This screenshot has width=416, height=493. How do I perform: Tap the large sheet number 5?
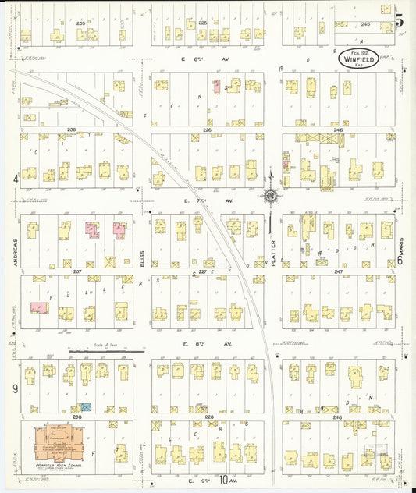point(399,21)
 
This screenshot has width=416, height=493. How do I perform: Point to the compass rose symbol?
point(270,196)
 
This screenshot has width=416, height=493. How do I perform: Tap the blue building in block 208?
point(87,407)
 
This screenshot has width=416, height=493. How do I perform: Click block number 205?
point(80,24)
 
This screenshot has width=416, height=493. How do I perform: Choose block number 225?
point(203,24)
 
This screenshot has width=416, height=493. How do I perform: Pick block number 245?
point(365,24)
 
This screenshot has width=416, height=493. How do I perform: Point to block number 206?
point(72,129)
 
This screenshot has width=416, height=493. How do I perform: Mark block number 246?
point(337,129)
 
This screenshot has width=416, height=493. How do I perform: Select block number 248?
point(337,417)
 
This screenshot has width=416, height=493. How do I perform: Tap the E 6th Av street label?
point(194,59)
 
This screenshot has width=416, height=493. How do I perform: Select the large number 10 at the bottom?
point(225,481)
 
